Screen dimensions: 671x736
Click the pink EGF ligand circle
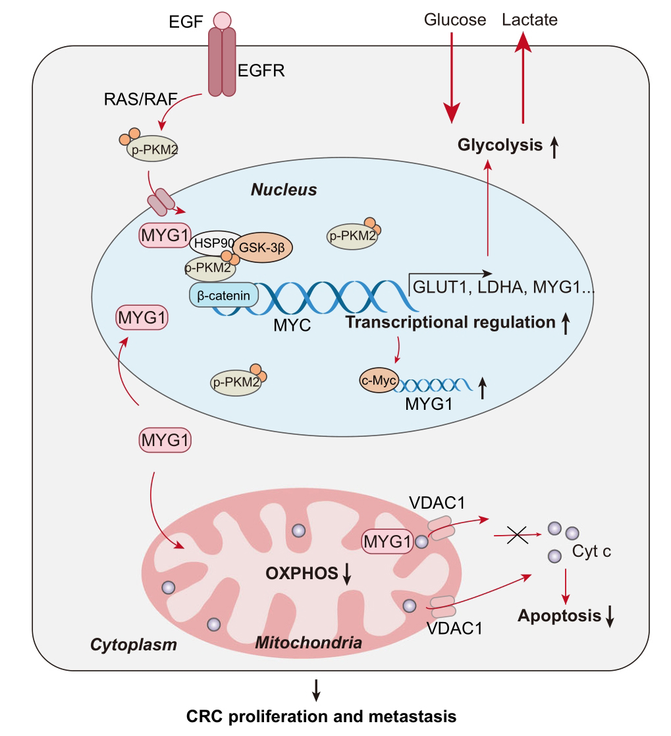pos(222,20)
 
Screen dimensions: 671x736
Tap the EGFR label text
pos(261,71)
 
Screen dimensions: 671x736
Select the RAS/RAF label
pos(140,99)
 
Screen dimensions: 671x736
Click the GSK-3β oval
pos(262,247)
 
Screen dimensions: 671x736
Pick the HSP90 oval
pos(215,242)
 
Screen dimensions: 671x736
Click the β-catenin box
pos(224,295)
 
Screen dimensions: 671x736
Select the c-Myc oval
pos(379,380)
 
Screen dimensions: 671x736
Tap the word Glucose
pos(454,20)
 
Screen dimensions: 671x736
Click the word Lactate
pos(530,20)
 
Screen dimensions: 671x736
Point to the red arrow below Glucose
pos(452,78)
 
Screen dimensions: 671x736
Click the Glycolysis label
pos(500,145)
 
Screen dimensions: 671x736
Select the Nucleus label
pos(284,190)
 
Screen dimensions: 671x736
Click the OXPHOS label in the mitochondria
pos(302,573)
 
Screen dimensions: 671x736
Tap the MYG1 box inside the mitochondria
pos(387,541)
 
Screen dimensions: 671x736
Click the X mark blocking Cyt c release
pos(518,535)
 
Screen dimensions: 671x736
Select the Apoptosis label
pos(559,615)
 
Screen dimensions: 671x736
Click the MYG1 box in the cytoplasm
pos(165,439)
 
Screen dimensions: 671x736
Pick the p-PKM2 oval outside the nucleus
pos(153,149)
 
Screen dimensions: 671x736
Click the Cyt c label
pos(591,551)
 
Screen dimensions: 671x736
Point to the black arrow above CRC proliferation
pos(316,689)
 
